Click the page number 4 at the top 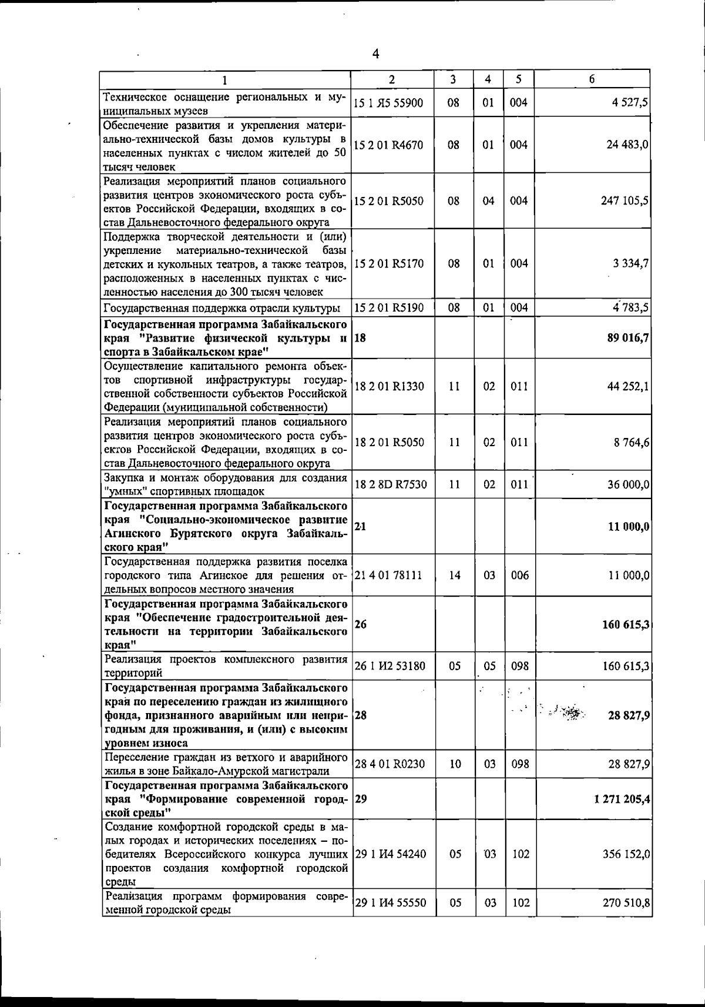click(x=375, y=54)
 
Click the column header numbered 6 click(x=592, y=79)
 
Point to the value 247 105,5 click(x=625, y=200)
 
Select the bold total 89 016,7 click(x=626, y=337)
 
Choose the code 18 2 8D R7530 click(x=390, y=484)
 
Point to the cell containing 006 click(x=519, y=575)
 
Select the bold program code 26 click(x=361, y=624)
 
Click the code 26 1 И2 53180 click(x=390, y=666)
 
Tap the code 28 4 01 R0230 click(x=390, y=764)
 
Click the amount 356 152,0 click(x=626, y=854)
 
